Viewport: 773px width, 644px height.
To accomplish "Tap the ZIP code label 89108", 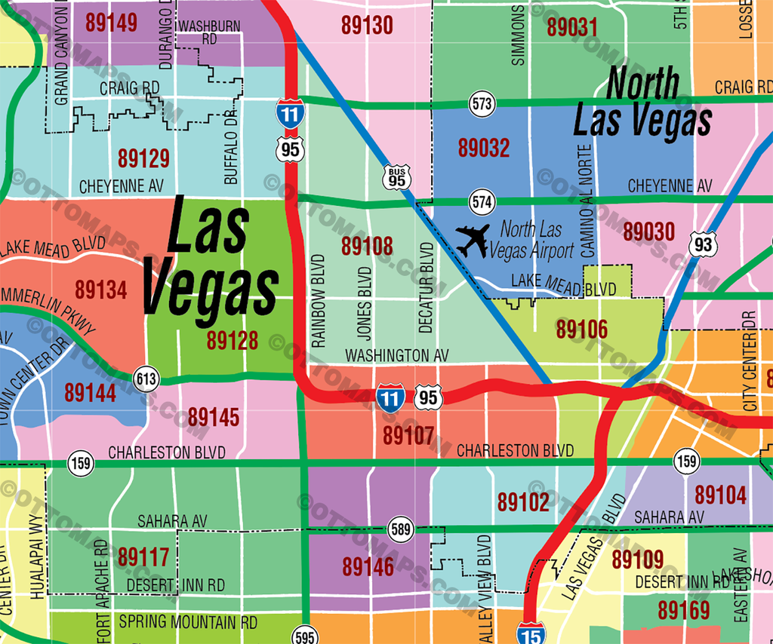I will pos(367,246).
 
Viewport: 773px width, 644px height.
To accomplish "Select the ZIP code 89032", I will pos(484,147).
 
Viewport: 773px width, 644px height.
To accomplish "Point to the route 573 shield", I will pos(481,103).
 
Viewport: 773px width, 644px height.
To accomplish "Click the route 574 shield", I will pos(481,201).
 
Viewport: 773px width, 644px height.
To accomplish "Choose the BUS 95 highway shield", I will pos(396,177).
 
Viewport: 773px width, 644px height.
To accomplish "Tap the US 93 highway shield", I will pos(703,244).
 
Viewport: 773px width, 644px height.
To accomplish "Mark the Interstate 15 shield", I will pos(531,634).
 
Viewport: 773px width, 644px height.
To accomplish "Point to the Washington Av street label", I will pos(397,354).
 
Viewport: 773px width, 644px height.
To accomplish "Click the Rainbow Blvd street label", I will pos(318,300).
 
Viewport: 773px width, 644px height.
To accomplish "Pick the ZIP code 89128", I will pos(233,341).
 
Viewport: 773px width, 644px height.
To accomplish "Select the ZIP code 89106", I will pos(582,329).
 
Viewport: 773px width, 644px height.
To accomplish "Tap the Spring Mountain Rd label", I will pos(188,623).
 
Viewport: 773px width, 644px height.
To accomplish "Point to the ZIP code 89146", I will pos(368,567).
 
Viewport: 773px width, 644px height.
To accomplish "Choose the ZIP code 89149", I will pos(112,23).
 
